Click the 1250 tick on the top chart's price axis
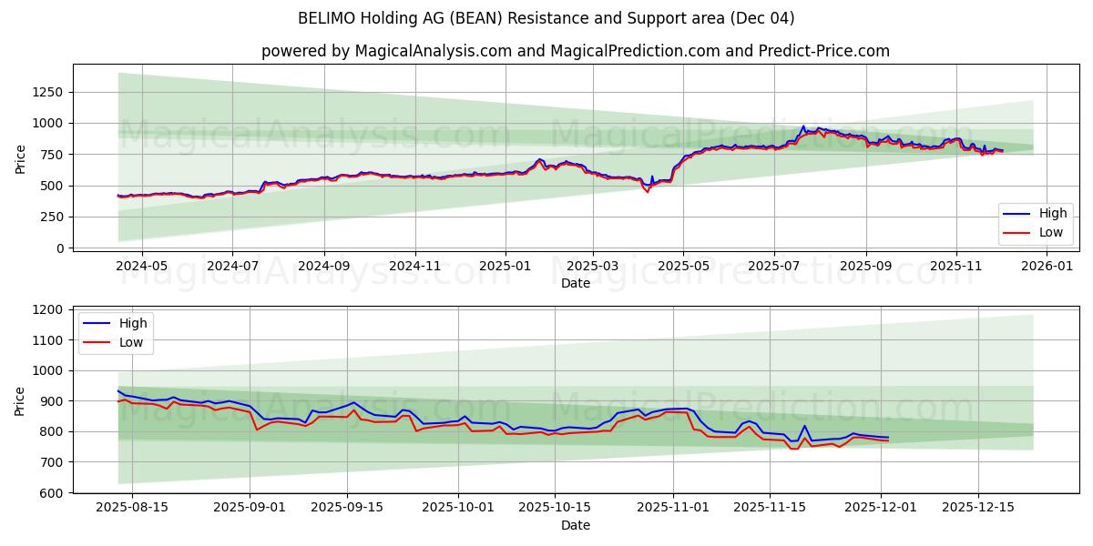(46, 92)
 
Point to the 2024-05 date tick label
(142, 266)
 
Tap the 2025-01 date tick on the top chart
(504, 266)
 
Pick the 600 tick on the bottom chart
(52, 492)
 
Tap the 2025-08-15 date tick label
(131, 508)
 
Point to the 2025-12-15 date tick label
(979, 508)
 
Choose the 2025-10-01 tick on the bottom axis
(457, 508)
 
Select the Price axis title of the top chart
(20, 159)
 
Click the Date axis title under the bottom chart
(575, 525)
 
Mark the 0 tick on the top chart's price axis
(60, 248)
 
